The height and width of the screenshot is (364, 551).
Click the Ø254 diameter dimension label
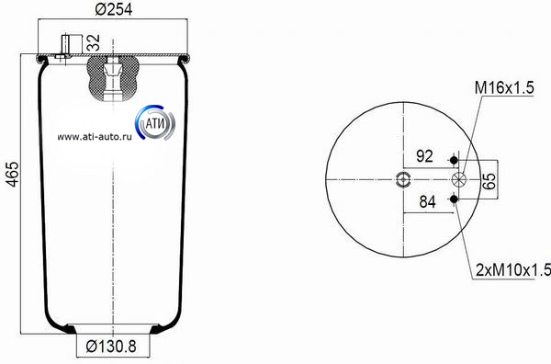point(114,9)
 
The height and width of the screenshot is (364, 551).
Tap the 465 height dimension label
point(13,174)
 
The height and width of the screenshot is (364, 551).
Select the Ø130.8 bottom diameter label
point(111,347)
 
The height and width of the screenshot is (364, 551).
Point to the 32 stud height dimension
point(94,42)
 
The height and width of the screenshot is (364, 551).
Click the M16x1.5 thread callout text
point(504,87)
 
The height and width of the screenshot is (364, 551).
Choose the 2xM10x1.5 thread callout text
point(513,269)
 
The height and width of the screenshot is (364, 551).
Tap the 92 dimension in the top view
point(424,155)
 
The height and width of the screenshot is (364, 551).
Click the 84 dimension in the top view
point(427,201)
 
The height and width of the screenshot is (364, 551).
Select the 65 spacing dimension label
point(489,181)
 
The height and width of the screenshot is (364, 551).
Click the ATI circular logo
point(155,123)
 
